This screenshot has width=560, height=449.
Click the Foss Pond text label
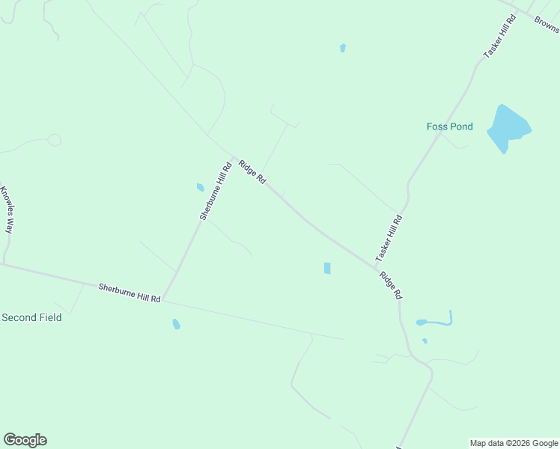450,126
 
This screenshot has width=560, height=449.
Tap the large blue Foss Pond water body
507,128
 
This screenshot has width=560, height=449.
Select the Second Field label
31,317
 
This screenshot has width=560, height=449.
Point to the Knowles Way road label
7,210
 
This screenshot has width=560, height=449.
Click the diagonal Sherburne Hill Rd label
216,191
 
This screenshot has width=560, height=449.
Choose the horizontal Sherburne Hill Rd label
130,293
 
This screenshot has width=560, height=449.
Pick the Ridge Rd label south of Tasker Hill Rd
391,285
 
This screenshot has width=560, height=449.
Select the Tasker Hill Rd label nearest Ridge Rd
389,238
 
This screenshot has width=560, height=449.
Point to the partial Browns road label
547,24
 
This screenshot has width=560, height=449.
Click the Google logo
25,440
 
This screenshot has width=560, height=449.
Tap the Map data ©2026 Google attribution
514,443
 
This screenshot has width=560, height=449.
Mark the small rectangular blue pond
327,268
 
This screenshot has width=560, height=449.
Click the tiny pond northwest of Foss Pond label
343,48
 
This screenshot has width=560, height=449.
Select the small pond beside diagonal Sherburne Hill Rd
200,187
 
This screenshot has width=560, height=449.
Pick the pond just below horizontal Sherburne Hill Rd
176,324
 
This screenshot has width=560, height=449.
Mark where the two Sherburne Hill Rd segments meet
162,301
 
